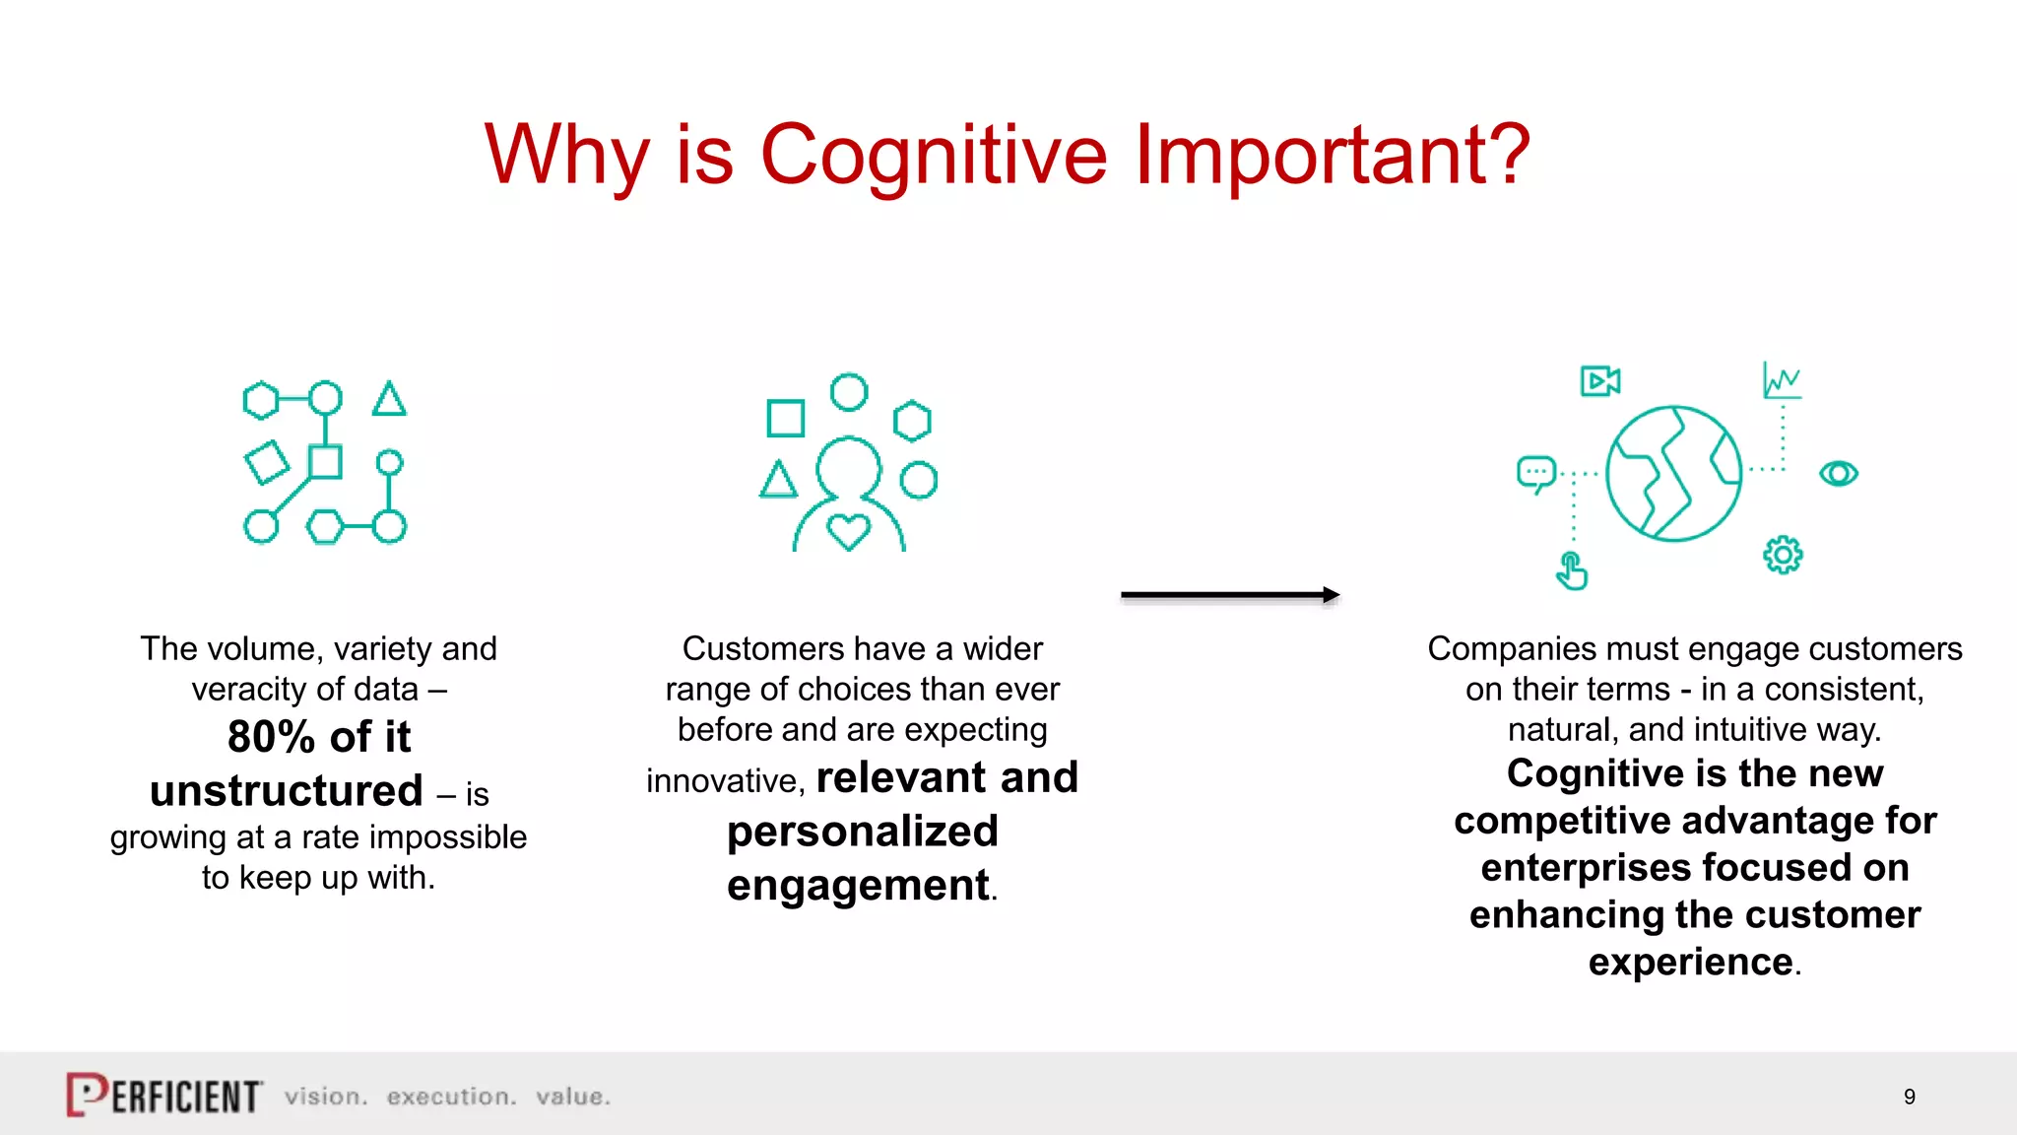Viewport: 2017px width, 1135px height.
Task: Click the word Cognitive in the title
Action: [934, 156]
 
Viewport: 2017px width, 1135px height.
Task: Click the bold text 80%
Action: [271, 737]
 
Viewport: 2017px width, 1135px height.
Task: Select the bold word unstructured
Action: [286, 791]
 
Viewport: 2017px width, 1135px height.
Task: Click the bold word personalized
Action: [862, 832]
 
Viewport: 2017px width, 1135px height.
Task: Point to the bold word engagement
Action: [858, 885]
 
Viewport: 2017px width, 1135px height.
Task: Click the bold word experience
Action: [1690, 962]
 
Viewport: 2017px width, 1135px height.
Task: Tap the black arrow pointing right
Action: [1230, 595]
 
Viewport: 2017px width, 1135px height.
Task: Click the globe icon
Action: [1673, 473]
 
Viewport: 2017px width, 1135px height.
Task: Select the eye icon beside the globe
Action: [1838, 474]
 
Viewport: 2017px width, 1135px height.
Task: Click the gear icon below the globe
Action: [1782, 555]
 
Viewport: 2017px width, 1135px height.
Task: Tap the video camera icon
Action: [1599, 380]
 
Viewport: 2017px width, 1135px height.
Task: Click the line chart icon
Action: [1782, 380]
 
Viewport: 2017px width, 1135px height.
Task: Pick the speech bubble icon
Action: [1535, 473]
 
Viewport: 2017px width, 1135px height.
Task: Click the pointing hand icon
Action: [1571, 570]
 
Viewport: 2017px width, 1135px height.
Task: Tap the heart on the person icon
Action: [848, 532]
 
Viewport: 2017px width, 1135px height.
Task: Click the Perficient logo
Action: [163, 1095]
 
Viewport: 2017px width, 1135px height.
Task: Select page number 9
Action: [1909, 1097]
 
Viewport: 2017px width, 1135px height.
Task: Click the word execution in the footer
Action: [451, 1097]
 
